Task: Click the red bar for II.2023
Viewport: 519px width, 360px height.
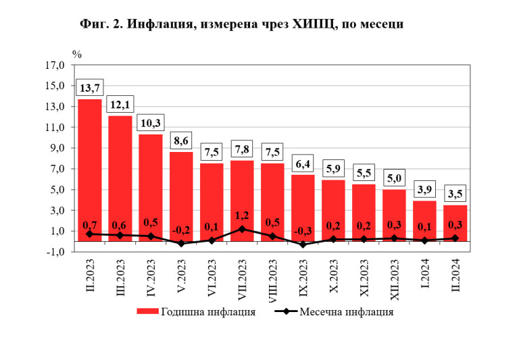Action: pyautogui.click(x=90, y=169)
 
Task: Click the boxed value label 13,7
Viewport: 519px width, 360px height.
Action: pyautogui.click(x=90, y=88)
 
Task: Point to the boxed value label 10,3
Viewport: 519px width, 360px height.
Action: pyautogui.click(x=151, y=123)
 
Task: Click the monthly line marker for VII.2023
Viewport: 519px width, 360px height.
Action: pyautogui.click(x=242, y=229)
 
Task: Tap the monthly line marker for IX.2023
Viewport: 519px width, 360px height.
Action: pyautogui.click(x=303, y=245)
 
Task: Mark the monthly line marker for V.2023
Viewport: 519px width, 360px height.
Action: pyautogui.click(x=181, y=243)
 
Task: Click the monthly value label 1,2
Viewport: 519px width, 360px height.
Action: pyautogui.click(x=242, y=216)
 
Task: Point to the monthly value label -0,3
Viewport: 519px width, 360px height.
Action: pyautogui.click(x=303, y=232)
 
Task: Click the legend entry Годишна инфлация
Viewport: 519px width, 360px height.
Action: pyautogui.click(x=196, y=312)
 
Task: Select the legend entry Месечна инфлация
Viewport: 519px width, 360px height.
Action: pyautogui.click(x=334, y=312)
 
